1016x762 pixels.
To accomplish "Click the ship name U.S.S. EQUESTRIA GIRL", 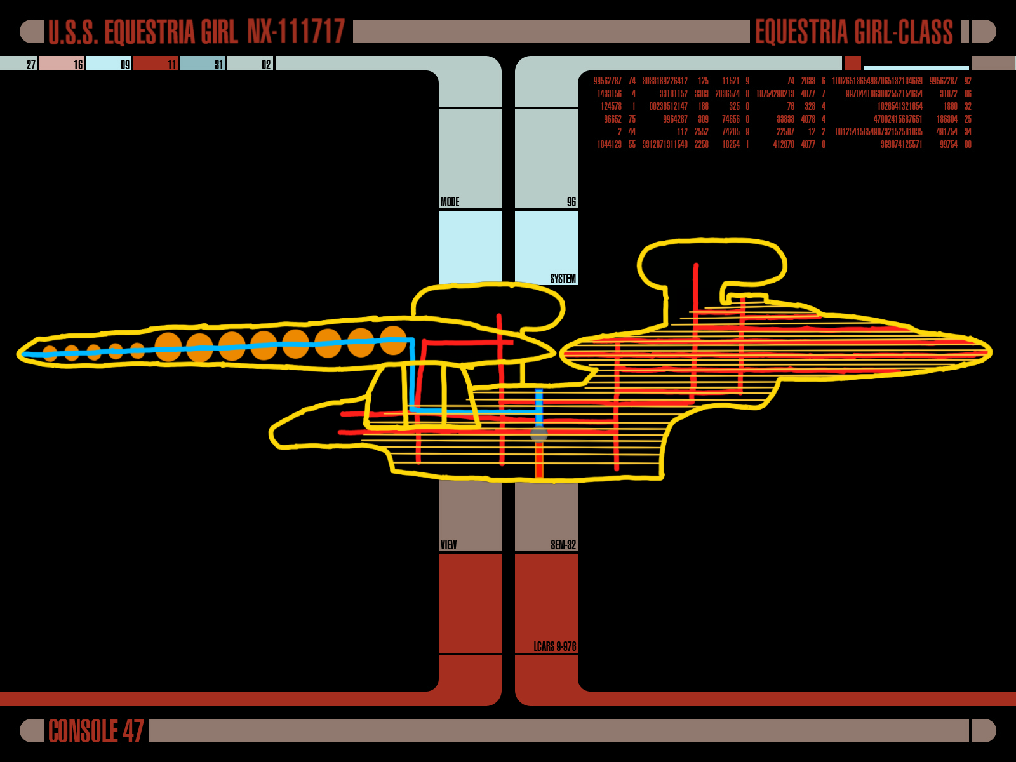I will pyautogui.click(x=143, y=32).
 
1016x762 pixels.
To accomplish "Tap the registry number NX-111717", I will pyautogui.click(x=296, y=32).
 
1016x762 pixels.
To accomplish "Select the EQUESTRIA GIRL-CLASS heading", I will pyautogui.click(x=853, y=32).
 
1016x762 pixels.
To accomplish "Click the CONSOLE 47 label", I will pyautogui.click(x=96, y=731).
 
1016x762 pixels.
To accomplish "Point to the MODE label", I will pyautogui.click(x=450, y=202).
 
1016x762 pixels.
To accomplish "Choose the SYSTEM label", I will pyautogui.click(x=563, y=279).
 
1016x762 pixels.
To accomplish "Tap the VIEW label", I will pyautogui.click(x=448, y=545).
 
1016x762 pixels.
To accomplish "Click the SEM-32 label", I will pyautogui.click(x=563, y=545).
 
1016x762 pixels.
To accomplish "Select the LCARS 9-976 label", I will pyautogui.click(x=554, y=646).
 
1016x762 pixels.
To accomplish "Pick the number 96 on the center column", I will pyautogui.click(x=571, y=202).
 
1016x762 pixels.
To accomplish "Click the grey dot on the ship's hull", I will pyautogui.click(x=539, y=434).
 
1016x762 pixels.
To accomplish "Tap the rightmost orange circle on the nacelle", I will pyautogui.click(x=393, y=341).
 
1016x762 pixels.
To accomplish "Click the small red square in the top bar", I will pyautogui.click(x=852, y=63).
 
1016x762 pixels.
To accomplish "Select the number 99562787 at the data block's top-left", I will pyautogui.click(x=607, y=81).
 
